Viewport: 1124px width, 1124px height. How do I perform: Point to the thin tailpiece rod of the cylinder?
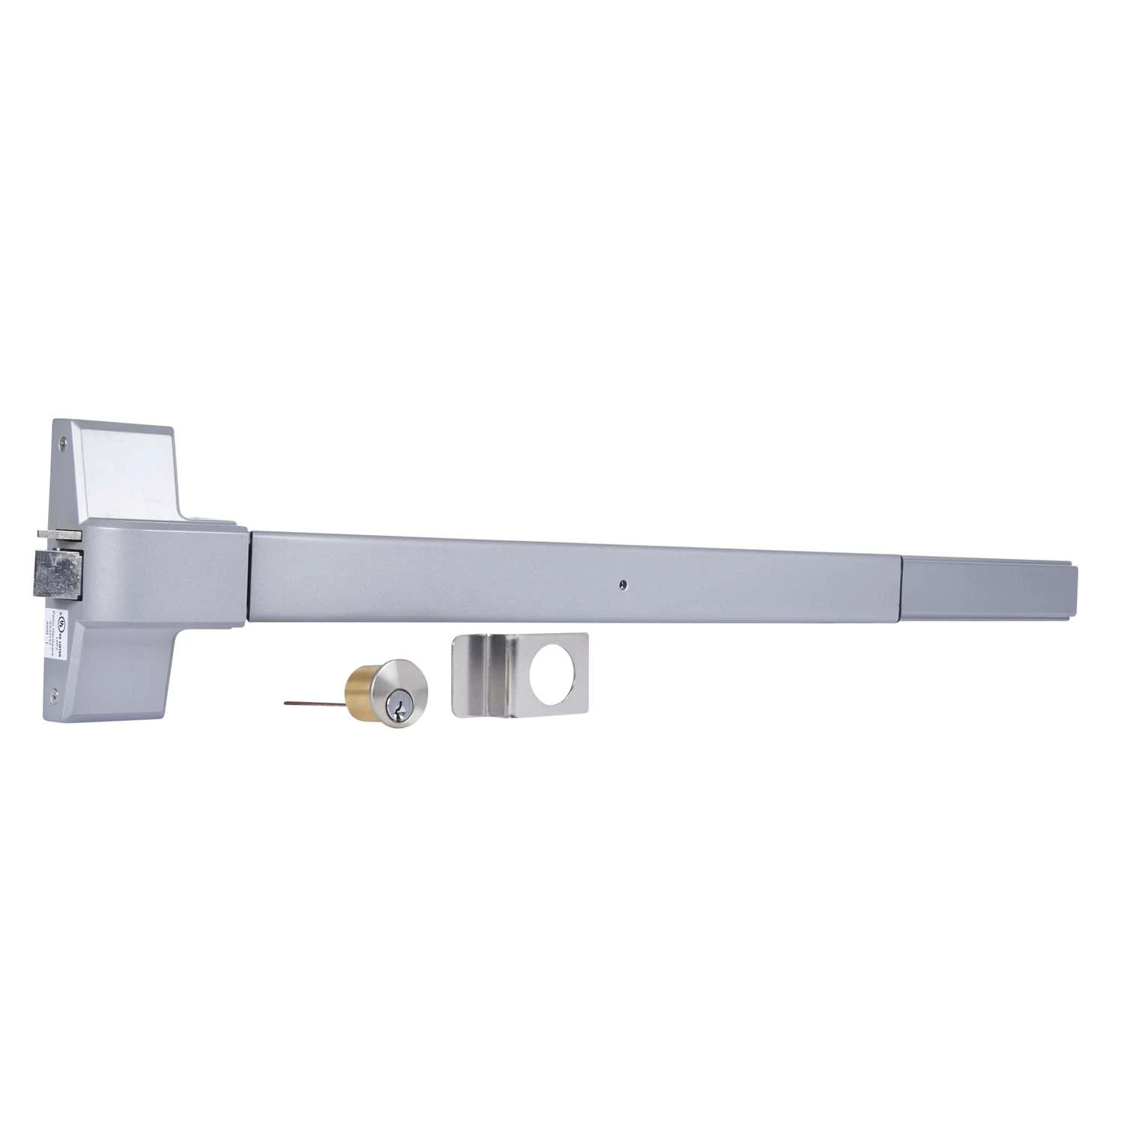315,703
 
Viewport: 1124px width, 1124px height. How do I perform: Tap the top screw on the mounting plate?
64,443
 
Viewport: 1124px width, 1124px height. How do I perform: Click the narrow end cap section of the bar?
989,588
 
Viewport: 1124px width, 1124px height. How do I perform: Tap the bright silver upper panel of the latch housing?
131,465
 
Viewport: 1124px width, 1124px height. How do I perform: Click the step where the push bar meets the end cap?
902,588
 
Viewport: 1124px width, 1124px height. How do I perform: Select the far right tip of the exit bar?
1076,592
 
